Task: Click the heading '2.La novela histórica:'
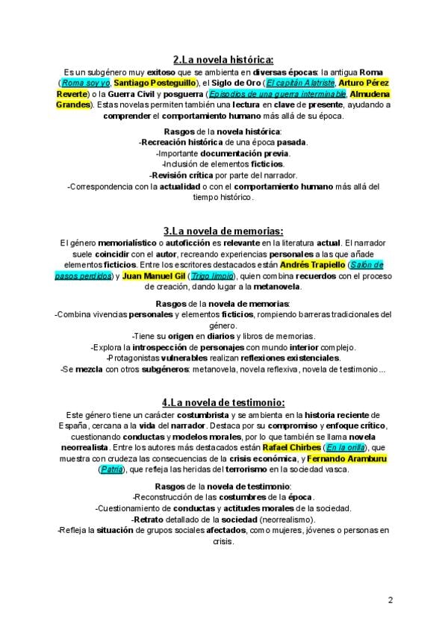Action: coord(223,59)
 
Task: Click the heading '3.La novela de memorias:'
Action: coord(223,231)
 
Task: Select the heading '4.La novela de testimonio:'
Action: coord(223,402)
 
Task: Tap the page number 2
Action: coord(391,599)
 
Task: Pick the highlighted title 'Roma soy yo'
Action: coord(86,82)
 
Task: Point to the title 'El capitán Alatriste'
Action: coord(300,82)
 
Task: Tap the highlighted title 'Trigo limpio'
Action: coord(211,275)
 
